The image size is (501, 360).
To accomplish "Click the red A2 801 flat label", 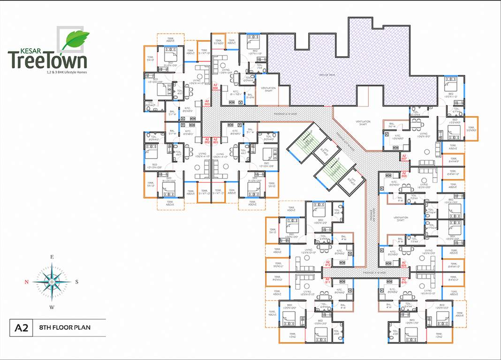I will pos(215,141).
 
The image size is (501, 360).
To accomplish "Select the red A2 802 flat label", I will pos(207,141).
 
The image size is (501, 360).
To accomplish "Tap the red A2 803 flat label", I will pos(207,102).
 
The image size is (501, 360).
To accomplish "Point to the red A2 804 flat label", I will pos(215,86).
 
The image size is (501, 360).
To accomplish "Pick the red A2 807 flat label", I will pos(403,157).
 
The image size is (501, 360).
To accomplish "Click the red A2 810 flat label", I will pos(403,282).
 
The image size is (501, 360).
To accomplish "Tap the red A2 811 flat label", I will pos(328,282).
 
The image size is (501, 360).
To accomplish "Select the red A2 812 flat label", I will pos(328,263).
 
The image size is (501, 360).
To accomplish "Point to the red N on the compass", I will pos(27,282).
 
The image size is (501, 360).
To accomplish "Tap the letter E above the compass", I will pos(53,257).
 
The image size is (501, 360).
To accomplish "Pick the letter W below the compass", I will pos(53,307).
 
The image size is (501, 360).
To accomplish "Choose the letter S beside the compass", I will pos(77,282).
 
